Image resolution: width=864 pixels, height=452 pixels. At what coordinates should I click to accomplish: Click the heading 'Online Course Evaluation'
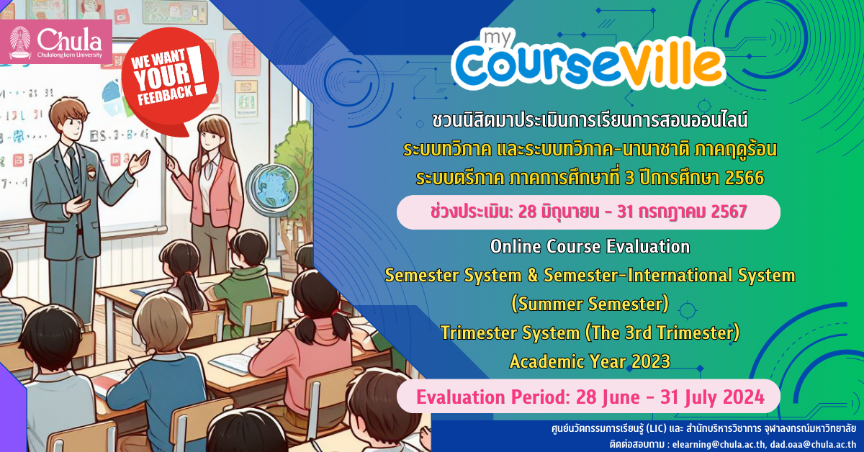pos(590,246)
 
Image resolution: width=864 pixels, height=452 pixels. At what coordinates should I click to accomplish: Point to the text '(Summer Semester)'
pos(590,304)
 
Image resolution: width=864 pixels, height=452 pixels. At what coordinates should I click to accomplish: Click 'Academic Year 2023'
pos(590,361)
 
